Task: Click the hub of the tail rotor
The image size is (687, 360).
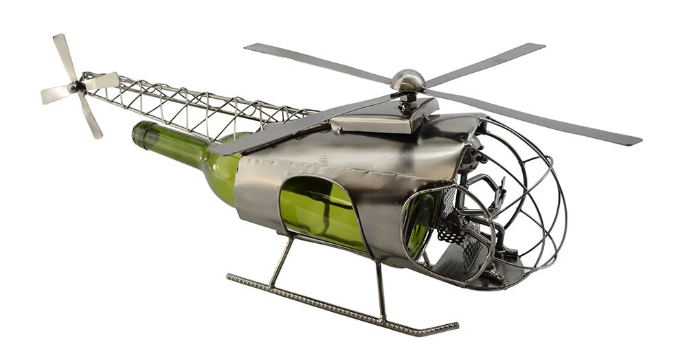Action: click(x=73, y=87)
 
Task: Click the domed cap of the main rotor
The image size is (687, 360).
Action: click(x=407, y=80)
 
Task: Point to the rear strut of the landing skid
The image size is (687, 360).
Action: click(x=282, y=262)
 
